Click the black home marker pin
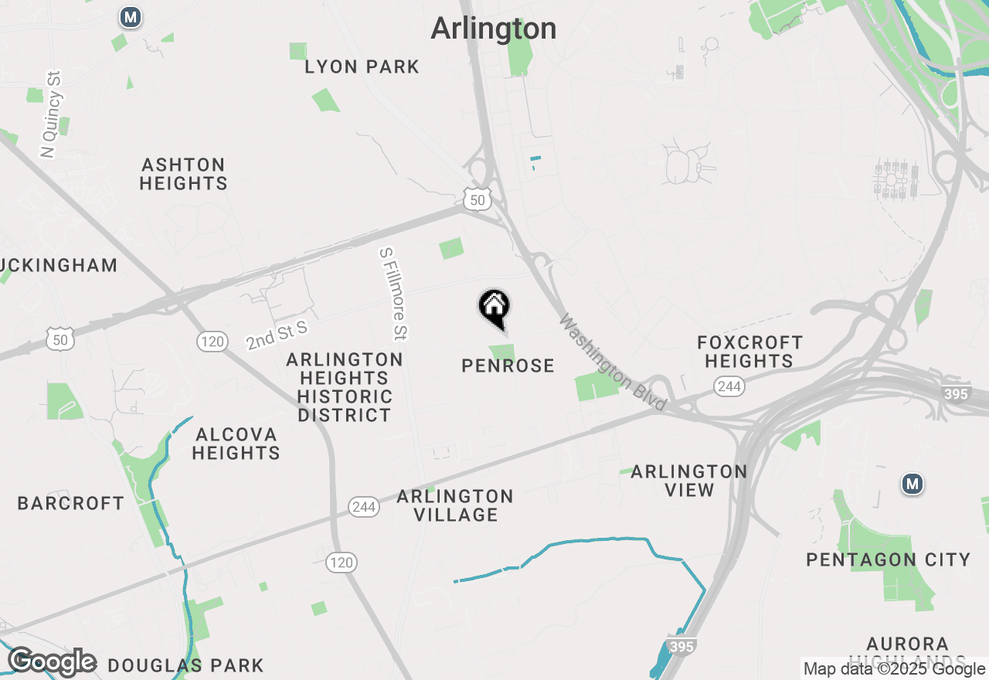[494, 308]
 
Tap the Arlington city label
[493, 29]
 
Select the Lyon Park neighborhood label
[362, 67]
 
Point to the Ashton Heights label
[184, 174]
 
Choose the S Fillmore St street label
[393, 294]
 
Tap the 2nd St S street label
[277, 335]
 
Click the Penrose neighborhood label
[508, 365]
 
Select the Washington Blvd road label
[613, 362]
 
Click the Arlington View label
[689, 481]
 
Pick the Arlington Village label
[455, 505]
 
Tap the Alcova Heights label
[236, 444]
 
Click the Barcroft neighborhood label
[71, 503]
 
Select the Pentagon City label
[888, 559]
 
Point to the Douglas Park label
[185, 665]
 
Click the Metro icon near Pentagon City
[913, 484]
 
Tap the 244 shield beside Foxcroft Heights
[729, 386]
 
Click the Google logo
[52, 661]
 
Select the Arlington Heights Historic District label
[345, 387]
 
